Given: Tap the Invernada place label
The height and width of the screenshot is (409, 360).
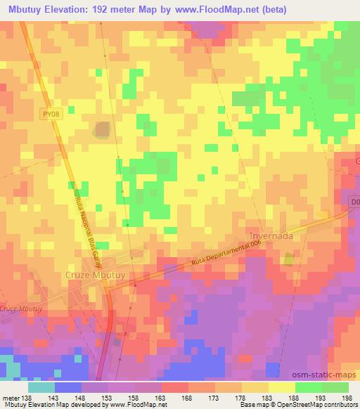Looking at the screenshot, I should tap(271, 236).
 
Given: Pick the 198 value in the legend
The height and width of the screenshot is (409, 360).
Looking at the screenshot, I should tap(347, 396).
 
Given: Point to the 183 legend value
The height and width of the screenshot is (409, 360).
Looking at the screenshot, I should tap(266, 396).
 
